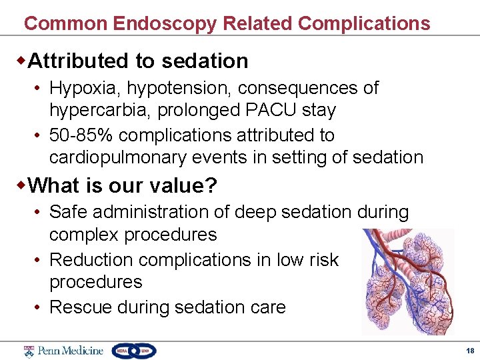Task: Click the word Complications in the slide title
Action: [364, 24]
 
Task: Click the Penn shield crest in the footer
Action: [29, 351]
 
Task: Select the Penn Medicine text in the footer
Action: [70, 351]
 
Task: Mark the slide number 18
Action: [470, 351]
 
